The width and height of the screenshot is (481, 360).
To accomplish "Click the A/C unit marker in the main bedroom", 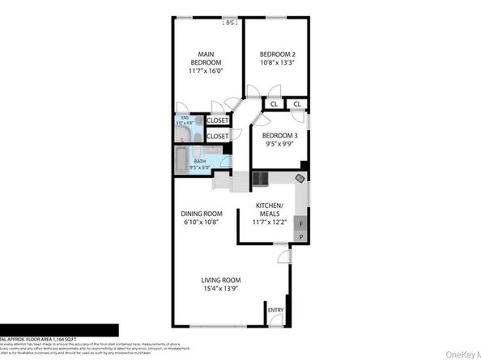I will (231, 22).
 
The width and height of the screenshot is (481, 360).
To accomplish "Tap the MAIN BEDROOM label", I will (205, 58).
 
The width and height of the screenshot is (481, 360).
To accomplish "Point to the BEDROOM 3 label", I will (282, 136).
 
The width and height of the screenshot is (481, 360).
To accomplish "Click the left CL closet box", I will (275, 104).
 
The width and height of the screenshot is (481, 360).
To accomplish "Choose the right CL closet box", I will (297, 104).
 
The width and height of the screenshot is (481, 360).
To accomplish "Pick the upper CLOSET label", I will (217, 121).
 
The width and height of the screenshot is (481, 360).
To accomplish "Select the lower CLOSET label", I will (217, 137).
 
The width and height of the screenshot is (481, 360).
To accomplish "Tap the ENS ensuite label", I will (185, 119).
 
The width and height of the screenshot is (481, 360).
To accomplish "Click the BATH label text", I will (198, 163).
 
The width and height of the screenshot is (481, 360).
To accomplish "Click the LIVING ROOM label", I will (221, 281).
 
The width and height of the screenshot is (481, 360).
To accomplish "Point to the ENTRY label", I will (276, 309).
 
